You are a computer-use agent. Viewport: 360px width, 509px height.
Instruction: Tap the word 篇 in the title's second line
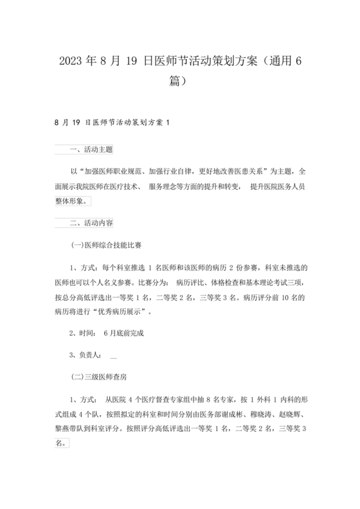(x=171, y=82)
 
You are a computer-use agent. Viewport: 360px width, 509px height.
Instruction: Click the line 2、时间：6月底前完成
(x=107, y=333)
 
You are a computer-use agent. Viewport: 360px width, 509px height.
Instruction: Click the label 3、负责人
(x=84, y=355)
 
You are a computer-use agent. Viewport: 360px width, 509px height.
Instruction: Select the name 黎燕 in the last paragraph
(x=64, y=427)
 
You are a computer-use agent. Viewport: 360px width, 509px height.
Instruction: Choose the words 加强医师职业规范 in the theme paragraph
(x=113, y=172)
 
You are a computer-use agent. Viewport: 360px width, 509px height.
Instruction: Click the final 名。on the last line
(x=61, y=443)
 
